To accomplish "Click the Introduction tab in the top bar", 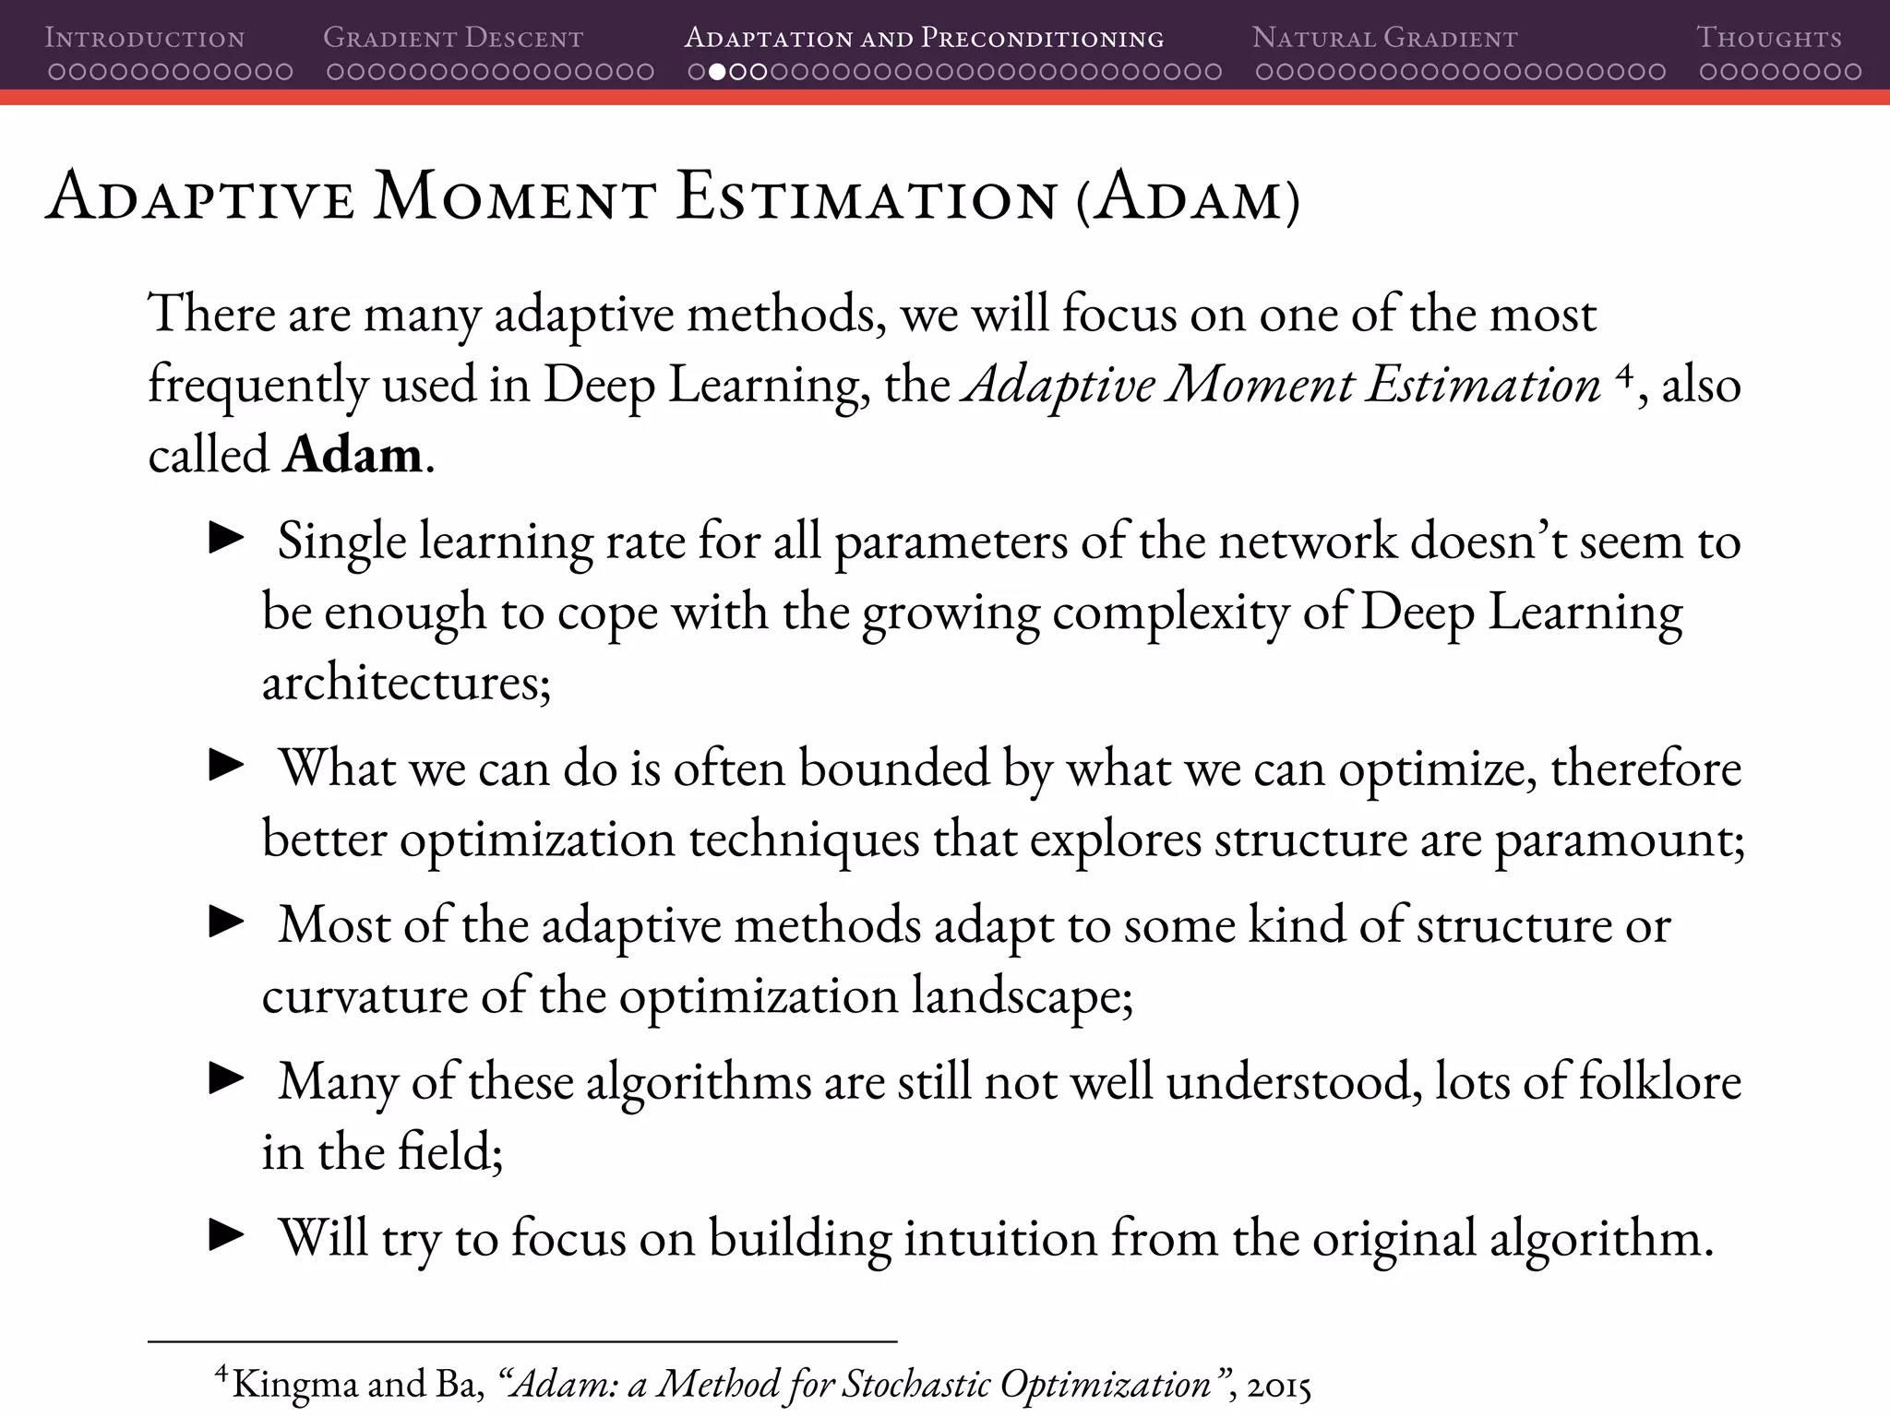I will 145,39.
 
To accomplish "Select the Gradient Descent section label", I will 453,39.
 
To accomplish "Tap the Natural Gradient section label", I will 1384,39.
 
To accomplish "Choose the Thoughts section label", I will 1769,39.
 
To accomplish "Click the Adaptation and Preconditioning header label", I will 924,39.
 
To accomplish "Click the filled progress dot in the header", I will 716,72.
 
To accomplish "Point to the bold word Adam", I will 353,455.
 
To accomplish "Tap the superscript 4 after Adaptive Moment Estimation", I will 1625,374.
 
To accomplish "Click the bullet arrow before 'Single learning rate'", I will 226,539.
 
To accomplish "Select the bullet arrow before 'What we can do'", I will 226,766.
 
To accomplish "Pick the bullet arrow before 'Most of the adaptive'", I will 226,922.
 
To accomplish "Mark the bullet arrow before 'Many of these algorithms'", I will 226,1078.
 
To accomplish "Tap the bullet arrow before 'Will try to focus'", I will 226,1235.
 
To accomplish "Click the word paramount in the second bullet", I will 1619,839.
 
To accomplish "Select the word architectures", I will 406,684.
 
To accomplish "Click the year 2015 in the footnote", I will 1278,1385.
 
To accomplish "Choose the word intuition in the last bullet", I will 999,1238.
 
